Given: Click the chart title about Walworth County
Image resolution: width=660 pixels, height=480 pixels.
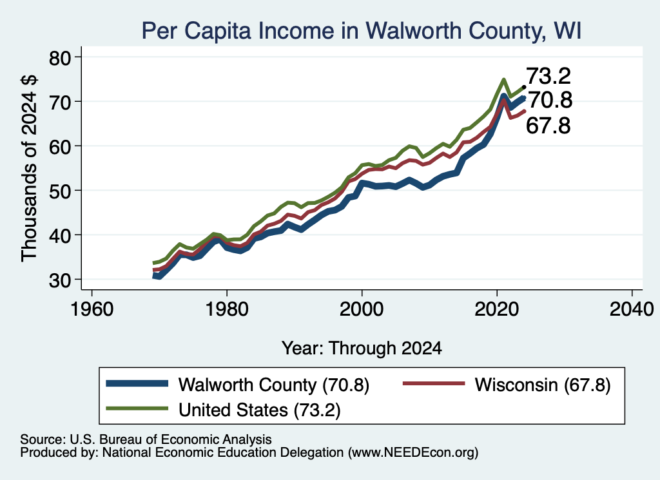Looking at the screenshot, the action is coord(361,31).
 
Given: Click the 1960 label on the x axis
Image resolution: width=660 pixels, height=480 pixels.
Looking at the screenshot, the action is coord(92,310).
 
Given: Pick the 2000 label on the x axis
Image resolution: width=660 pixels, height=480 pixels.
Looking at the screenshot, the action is coord(362,310).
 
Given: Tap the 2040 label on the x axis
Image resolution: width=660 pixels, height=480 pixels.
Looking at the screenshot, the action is coord(632,310).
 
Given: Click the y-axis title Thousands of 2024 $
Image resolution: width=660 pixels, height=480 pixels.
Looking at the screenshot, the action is coord(30,168).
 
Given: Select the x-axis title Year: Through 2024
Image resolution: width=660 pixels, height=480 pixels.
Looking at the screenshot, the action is coord(362,349).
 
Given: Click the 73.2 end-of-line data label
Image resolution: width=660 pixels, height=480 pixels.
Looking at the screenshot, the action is coord(548,76).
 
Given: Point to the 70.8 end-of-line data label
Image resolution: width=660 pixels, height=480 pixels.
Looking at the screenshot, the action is coord(550,100).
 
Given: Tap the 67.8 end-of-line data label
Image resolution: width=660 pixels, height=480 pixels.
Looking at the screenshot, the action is coord(548,126).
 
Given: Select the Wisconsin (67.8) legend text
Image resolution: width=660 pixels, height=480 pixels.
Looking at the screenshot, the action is coord(543,385).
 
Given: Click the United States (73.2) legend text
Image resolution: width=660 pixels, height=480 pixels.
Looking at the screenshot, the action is coord(259,410).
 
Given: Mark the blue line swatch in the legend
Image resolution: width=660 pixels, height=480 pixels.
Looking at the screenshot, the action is coord(137,383).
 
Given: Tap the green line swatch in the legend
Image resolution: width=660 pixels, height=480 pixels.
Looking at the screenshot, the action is coord(137,408).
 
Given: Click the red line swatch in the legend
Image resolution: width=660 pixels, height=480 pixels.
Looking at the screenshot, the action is coord(434,383).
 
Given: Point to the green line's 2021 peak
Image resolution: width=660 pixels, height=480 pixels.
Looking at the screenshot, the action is coord(503,79).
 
